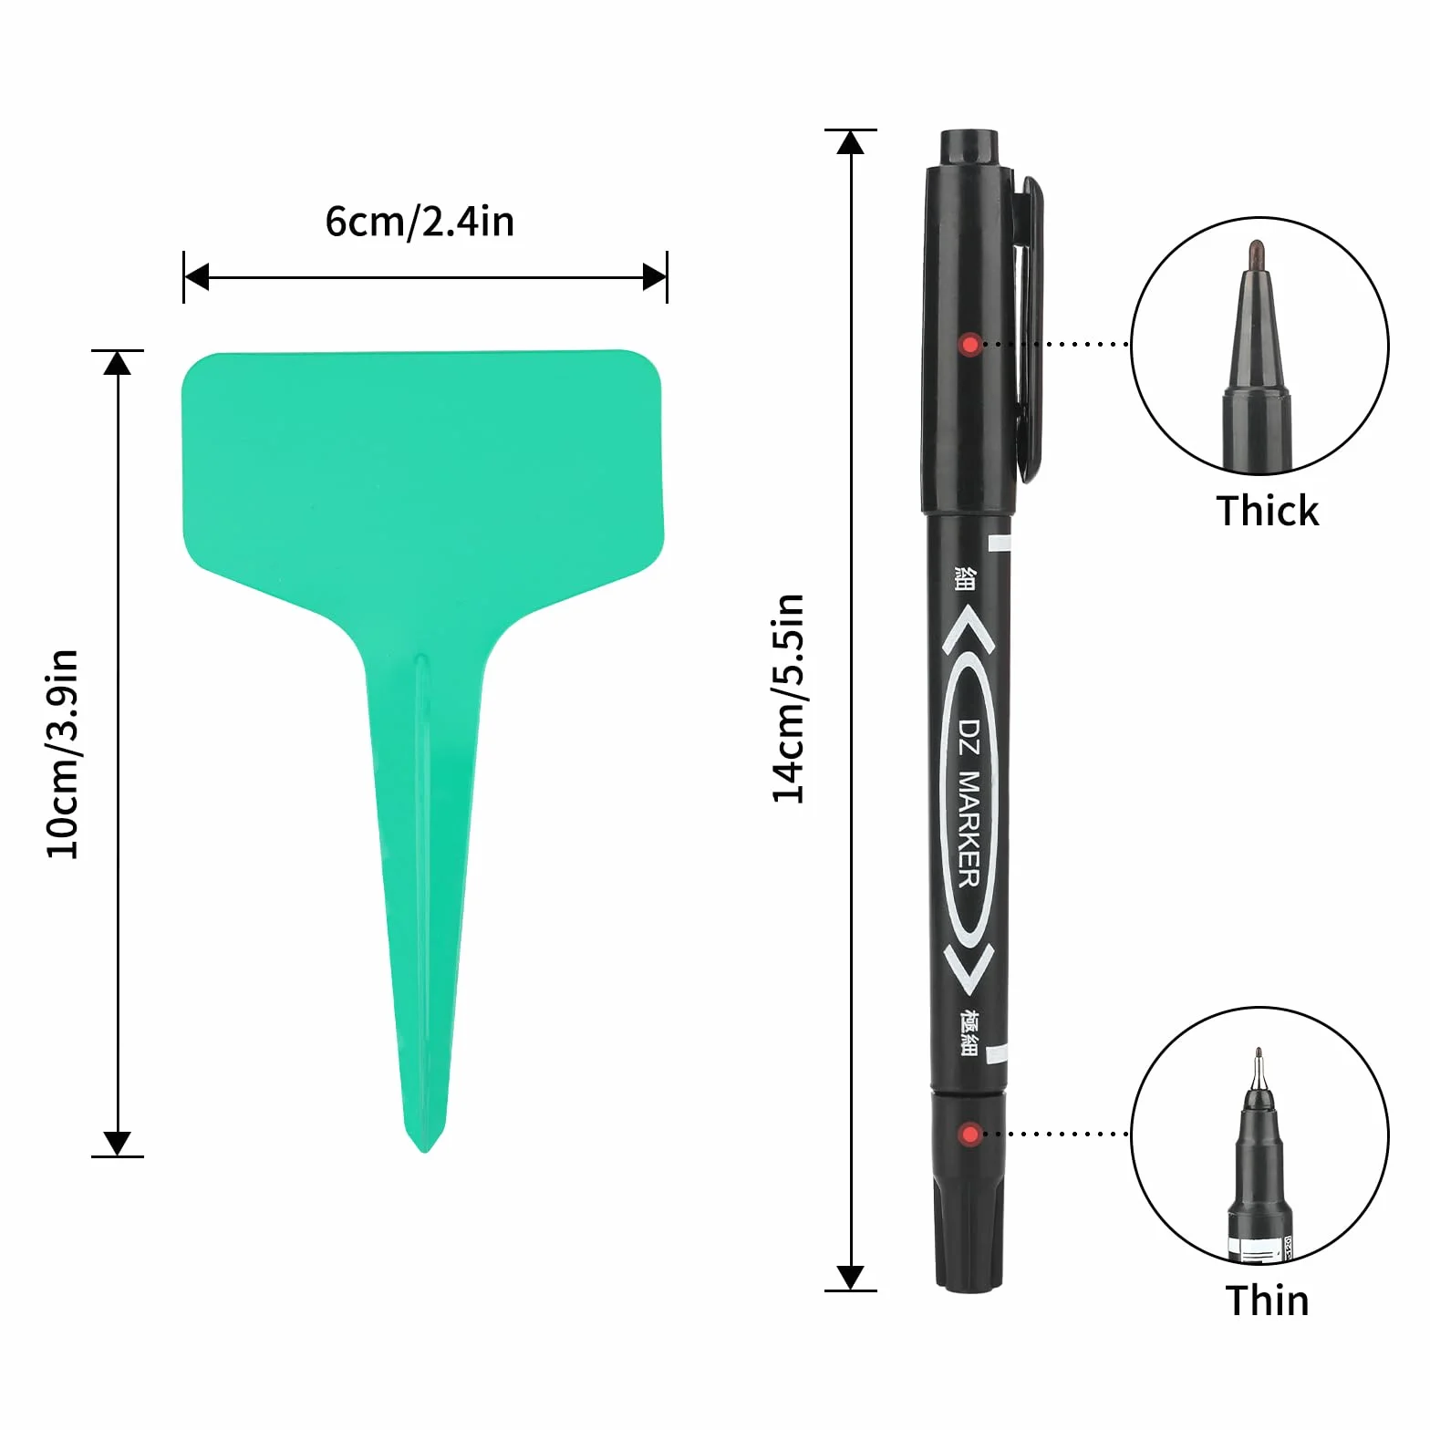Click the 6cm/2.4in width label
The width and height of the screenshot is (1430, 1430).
(420, 222)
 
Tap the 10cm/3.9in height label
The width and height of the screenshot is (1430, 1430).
(63, 754)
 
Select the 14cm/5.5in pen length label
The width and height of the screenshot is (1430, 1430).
(789, 699)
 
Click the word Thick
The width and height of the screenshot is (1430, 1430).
(1267, 511)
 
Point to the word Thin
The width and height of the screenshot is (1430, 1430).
(1267, 1300)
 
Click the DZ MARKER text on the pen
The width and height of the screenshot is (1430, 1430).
(969, 803)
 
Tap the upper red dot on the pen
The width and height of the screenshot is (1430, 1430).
(969, 345)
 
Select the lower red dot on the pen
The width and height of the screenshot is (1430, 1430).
(969, 1135)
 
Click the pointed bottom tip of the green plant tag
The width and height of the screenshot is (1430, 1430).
(425, 1152)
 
